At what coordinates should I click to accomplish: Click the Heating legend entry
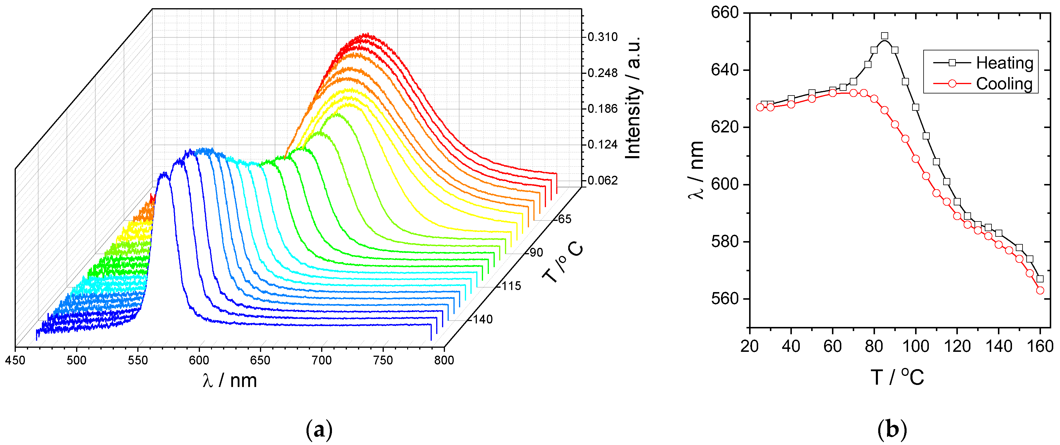coord(1004,63)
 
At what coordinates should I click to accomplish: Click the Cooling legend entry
coord(1004,84)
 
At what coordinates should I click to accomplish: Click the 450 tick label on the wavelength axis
coord(15,361)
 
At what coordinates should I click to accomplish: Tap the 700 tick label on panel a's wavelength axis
coord(321,361)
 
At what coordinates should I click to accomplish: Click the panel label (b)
coord(892,430)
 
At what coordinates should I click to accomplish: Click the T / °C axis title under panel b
coord(897,377)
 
